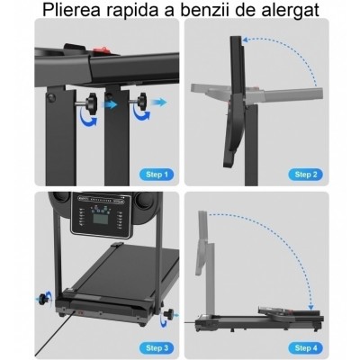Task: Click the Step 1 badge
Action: click(x=156, y=175)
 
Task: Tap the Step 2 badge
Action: click(x=305, y=175)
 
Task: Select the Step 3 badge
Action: click(x=157, y=348)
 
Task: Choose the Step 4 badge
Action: click(x=305, y=348)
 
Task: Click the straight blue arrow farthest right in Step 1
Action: click(x=158, y=103)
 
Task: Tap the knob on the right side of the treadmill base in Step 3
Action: click(x=170, y=314)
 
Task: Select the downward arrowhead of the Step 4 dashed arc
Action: click(x=311, y=307)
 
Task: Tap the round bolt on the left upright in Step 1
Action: click(x=51, y=98)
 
